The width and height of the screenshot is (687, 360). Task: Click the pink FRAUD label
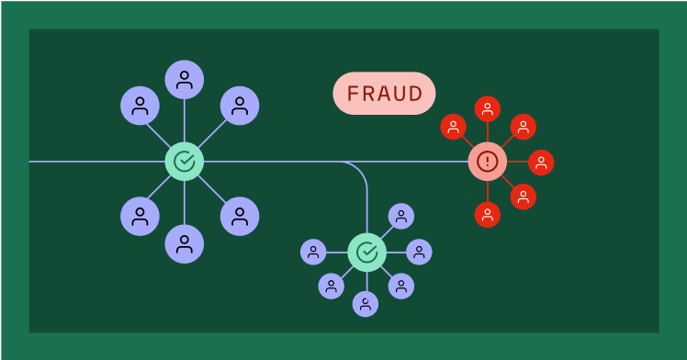pos(384,94)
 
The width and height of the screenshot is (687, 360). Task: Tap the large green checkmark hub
pos(185,162)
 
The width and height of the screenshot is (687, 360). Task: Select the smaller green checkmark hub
pos(366,252)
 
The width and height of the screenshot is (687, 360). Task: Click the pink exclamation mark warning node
pos(488,162)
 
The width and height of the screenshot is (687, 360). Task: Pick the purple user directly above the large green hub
pos(185,80)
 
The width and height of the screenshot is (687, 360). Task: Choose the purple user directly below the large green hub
pos(185,243)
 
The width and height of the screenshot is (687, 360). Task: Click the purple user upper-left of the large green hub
pos(140,106)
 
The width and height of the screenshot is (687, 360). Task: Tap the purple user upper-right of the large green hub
pos(240,106)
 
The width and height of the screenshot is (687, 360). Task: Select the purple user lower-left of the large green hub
pos(140,216)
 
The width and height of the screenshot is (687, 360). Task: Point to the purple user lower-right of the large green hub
pos(240,216)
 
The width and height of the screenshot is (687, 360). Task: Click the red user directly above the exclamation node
pos(488,109)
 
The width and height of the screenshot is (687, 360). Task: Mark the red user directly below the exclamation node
pos(488,215)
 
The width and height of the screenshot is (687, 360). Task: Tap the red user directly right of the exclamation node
pos(541,163)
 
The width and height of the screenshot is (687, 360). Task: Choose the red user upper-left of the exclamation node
pos(454,127)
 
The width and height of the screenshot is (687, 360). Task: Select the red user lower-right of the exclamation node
pos(523,197)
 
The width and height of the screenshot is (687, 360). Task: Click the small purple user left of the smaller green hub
pos(313,252)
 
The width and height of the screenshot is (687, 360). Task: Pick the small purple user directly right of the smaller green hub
pos(420,252)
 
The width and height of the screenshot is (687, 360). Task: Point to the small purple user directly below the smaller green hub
pos(366,303)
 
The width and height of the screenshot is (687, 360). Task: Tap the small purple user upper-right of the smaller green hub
pos(400,216)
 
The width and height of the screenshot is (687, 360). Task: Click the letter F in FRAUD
pos(353,94)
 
